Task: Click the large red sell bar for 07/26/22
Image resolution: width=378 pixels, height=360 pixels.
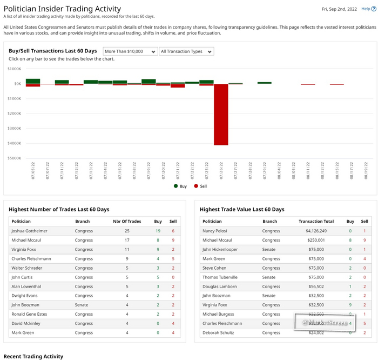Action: (x=221, y=115)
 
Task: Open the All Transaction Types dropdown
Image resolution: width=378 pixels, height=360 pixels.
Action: (x=186, y=51)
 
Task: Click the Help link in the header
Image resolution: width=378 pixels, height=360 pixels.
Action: (x=368, y=9)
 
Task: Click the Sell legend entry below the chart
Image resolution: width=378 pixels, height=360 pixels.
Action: (x=200, y=186)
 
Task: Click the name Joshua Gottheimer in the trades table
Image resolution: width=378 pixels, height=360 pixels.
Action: (x=29, y=231)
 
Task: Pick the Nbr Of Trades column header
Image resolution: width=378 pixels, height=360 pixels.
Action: (x=127, y=222)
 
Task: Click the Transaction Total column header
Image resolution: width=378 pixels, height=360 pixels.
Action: (x=316, y=222)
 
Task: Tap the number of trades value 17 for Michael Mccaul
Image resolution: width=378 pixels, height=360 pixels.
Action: (x=127, y=240)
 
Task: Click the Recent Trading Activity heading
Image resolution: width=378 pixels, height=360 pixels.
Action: (x=33, y=356)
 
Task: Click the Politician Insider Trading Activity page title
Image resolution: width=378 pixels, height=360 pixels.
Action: (x=62, y=9)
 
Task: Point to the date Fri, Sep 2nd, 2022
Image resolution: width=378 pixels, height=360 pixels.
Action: (x=339, y=9)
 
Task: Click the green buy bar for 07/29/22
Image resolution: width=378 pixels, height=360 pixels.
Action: (x=265, y=83)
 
